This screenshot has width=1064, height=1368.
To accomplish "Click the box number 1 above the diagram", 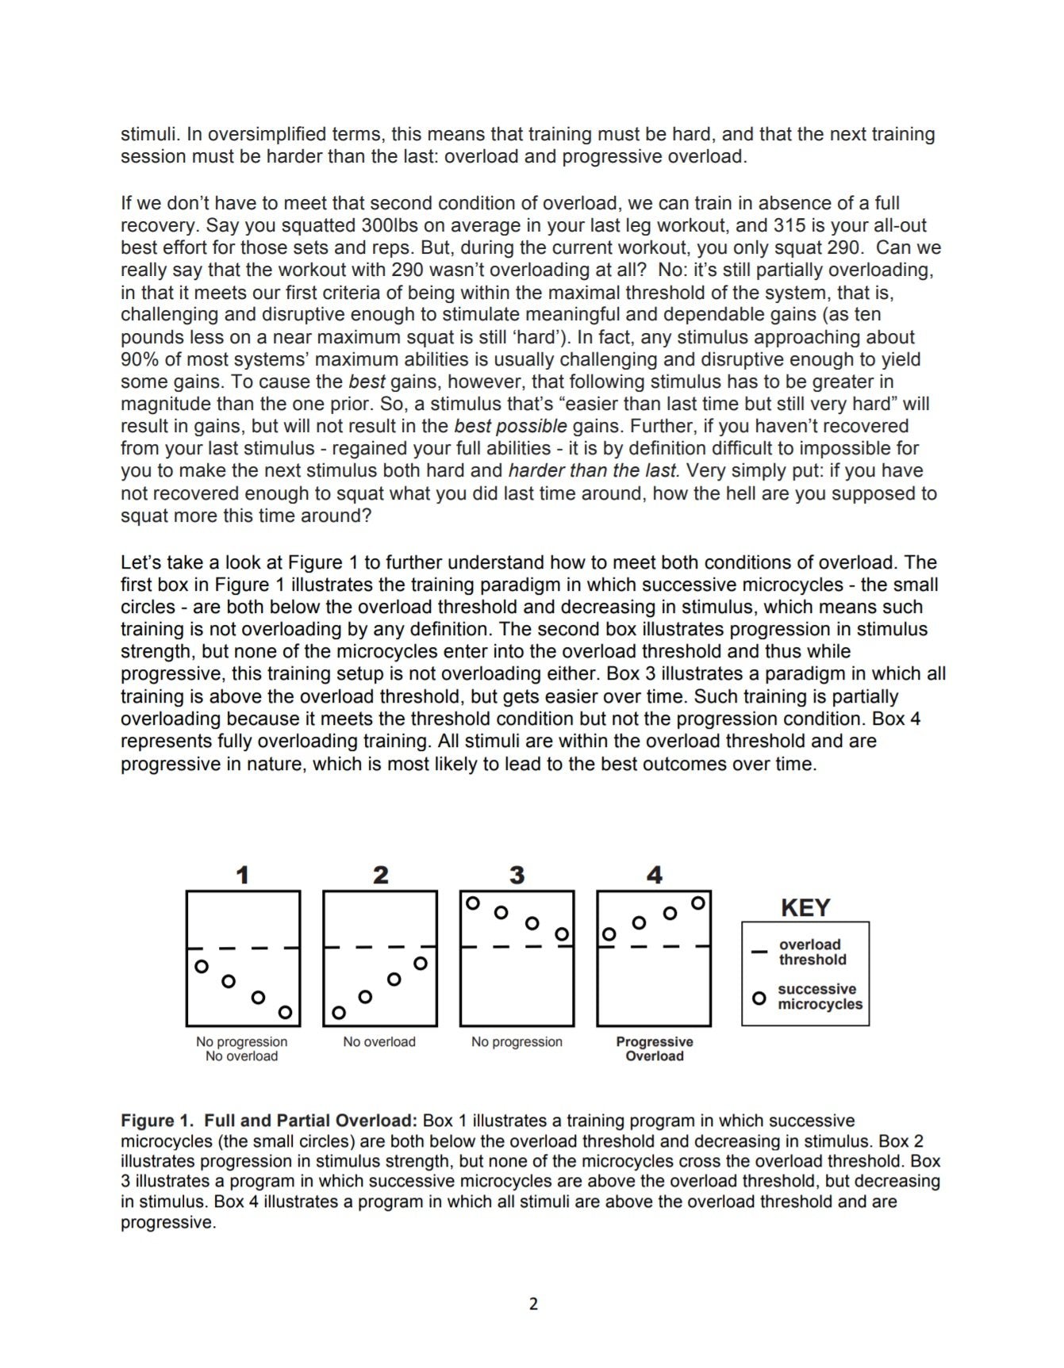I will [243, 875].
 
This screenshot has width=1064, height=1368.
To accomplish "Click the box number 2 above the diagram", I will [381, 875].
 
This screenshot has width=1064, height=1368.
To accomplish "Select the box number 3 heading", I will [517, 875].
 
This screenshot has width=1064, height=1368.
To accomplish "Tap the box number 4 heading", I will [655, 875].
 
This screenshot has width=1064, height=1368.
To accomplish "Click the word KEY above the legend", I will [805, 907].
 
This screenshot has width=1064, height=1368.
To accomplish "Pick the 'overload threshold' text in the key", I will [812, 952].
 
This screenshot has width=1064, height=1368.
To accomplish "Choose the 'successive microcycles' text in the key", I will [819, 997].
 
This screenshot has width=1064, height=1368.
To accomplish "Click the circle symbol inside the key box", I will [759, 998].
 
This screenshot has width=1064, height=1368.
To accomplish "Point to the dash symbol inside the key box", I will [759, 951].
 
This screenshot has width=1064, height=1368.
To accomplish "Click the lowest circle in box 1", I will [285, 1012].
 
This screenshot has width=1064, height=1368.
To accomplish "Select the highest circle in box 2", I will [421, 964].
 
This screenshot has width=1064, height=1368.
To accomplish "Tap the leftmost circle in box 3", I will [473, 903].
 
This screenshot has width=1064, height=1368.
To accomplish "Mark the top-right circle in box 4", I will [698, 903].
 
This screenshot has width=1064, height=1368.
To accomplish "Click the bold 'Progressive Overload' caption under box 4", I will [655, 1048].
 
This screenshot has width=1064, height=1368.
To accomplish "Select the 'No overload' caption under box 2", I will [379, 1041].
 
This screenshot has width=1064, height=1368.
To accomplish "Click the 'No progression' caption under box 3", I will [517, 1041].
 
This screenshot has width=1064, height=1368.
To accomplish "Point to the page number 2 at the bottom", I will [533, 1304].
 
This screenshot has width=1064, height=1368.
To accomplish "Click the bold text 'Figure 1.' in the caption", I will [158, 1121].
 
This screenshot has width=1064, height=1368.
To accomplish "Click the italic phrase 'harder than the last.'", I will [594, 470].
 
